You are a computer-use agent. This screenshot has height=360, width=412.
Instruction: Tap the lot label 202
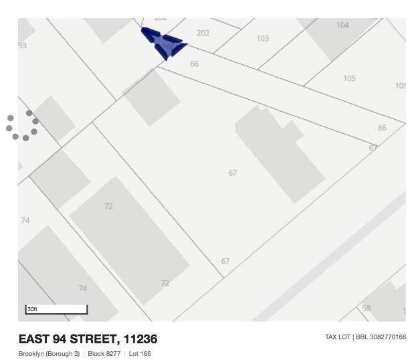tap(203, 33)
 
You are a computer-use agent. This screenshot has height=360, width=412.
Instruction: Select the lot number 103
tap(263, 39)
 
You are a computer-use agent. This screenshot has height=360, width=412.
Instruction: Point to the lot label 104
tap(342, 25)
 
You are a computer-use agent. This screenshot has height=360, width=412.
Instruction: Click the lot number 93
tap(23, 46)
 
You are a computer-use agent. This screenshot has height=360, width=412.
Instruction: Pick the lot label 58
tap(367, 308)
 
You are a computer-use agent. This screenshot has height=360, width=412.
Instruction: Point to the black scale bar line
tap(56, 313)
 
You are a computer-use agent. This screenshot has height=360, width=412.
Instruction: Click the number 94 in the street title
tap(70, 339)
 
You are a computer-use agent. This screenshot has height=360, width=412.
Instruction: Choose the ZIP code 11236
tap(140, 339)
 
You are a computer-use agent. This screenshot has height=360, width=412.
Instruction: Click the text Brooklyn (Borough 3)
tap(49, 353)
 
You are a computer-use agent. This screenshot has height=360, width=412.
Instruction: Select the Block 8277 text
tap(104, 353)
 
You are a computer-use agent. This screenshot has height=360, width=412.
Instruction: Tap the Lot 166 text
tap(140, 353)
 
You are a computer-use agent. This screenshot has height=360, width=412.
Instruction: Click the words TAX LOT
tap(338, 337)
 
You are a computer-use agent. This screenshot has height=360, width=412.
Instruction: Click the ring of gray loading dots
tap(22, 125)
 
